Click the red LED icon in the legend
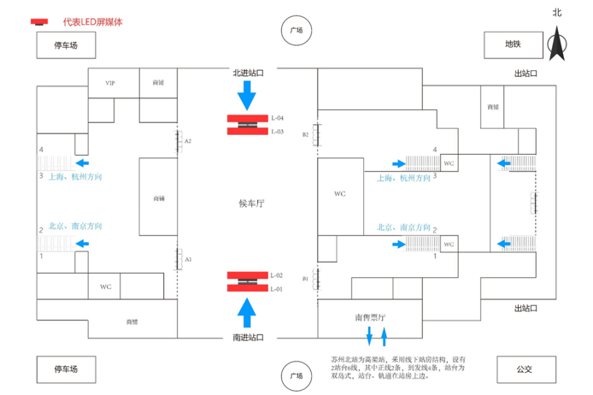(39, 21)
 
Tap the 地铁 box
(512, 44)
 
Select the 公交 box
(524, 370)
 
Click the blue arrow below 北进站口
(248, 95)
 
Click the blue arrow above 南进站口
(248, 312)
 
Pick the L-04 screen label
(277, 117)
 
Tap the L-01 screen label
(277, 290)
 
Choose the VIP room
(110, 84)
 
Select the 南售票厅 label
(372, 316)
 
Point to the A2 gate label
(188, 140)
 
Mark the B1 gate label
(305, 279)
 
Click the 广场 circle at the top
(296, 30)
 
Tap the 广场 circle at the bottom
(296, 375)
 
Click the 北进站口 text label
(248, 74)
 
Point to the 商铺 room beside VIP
(158, 84)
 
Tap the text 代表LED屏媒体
(92, 21)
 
